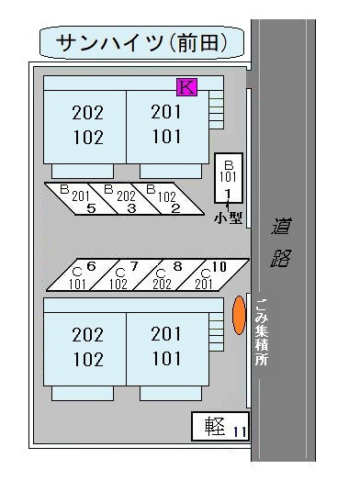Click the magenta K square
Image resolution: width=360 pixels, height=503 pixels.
click(186, 86)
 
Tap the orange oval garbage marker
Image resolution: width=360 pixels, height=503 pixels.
click(239, 316)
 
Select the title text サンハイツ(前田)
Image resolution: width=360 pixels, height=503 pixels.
click(141, 42)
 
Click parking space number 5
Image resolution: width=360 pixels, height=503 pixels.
click(81, 198)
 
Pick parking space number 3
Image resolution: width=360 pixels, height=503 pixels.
click(125, 198)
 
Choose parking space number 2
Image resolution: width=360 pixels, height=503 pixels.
click(167, 198)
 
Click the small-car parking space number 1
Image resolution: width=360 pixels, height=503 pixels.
click(229, 178)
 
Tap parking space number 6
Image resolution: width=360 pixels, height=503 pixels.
click(83, 274)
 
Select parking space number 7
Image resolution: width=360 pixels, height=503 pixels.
click(126, 274)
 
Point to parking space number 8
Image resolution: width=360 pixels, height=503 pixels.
click(169, 274)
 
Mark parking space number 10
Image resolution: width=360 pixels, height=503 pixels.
click(212, 274)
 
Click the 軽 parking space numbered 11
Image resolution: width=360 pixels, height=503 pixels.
click(220, 426)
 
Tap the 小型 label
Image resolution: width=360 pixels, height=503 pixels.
click(228, 218)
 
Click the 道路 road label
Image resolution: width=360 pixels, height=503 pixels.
click(281, 242)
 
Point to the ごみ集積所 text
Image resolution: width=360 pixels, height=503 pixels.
click(262, 332)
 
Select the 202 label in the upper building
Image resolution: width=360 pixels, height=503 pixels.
click(87, 113)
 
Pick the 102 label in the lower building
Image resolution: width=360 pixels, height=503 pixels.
click(88, 359)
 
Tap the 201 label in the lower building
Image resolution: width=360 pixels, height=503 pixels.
click(166, 334)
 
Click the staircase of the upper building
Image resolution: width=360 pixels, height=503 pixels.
click(216, 109)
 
